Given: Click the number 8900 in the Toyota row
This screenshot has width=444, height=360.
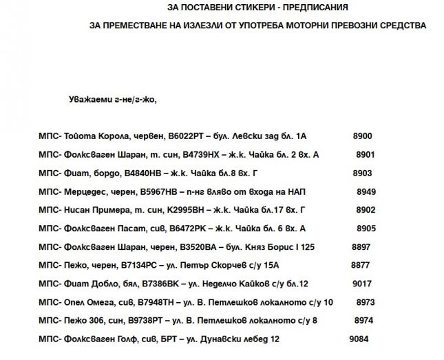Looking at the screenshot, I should [362, 136].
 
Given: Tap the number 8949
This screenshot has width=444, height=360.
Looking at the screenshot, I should [366, 191].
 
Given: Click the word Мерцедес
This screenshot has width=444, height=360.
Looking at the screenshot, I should [85, 191].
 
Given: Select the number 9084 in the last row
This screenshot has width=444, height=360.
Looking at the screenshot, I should [359, 339].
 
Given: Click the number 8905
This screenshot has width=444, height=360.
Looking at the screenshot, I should [365, 228].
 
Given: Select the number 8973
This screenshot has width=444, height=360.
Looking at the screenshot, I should [366, 301].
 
